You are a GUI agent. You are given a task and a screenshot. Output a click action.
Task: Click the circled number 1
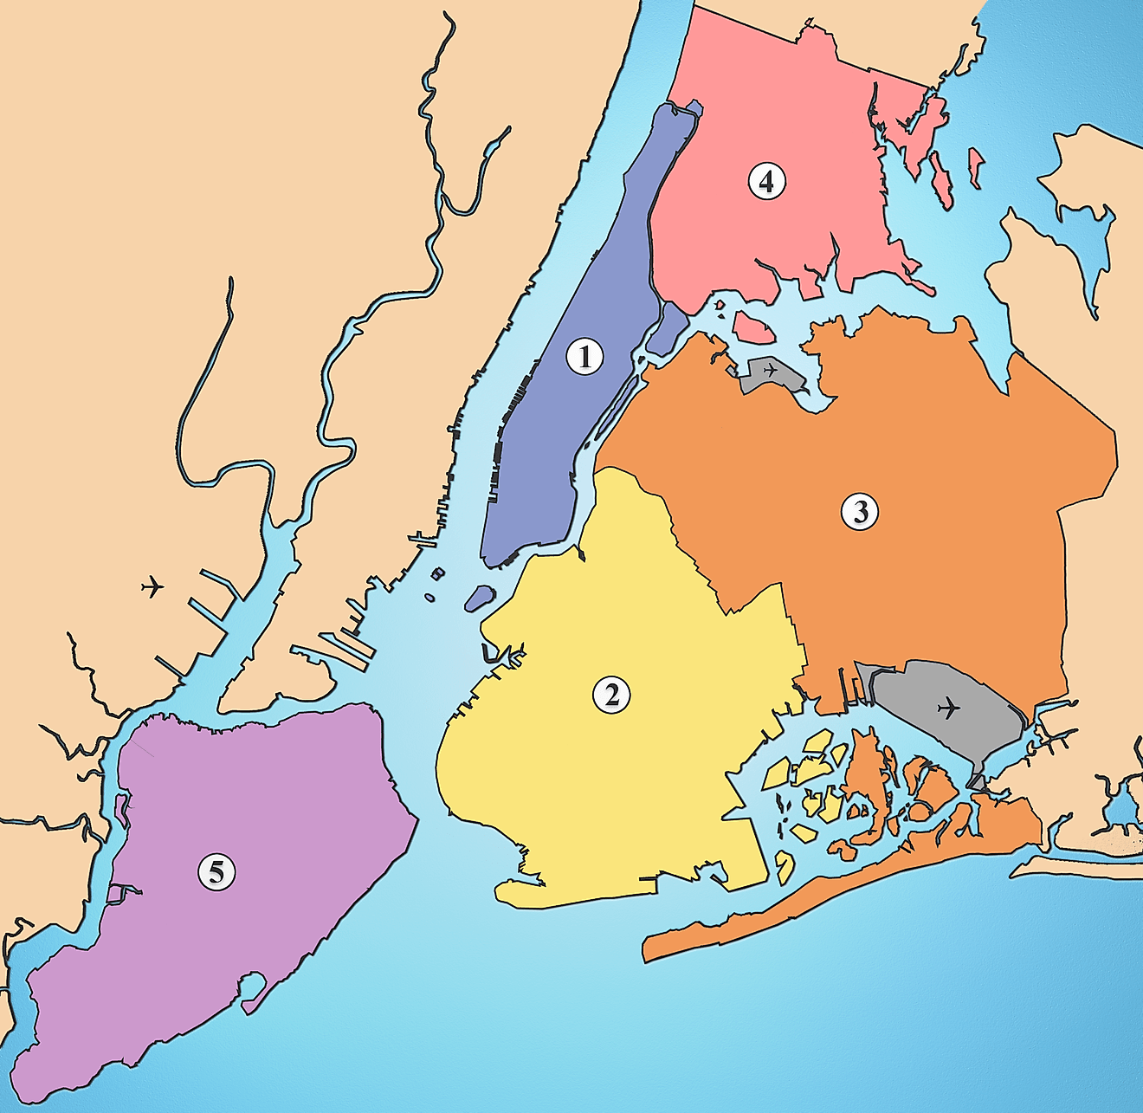pyautogui.click(x=584, y=356)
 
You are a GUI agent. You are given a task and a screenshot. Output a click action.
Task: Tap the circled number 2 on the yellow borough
pyautogui.click(x=611, y=694)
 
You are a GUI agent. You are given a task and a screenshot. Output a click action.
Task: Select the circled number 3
pyautogui.click(x=860, y=511)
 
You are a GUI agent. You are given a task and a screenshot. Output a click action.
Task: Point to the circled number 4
pyautogui.click(x=766, y=182)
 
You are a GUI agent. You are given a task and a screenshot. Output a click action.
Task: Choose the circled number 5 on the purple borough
pyautogui.click(x=216, y=871)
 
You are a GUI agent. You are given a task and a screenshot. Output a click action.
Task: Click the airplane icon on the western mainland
pyautogui.click(x=152, y=586)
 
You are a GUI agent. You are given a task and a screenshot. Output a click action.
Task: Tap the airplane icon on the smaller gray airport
pyautogui.click(x=769, y=371)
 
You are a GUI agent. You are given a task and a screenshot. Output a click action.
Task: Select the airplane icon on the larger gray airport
pyautogui.click(x=949, y=708)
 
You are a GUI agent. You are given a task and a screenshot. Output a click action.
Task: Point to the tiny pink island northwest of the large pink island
pyautogui.click(x=719, y=304)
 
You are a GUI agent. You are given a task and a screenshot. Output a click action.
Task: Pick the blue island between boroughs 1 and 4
pyautogui.click(x=667, y=328)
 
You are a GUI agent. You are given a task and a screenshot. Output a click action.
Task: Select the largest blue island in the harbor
pyautogui.click(x=479, y=597)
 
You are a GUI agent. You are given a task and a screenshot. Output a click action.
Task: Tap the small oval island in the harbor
pyautogui.click(x=429, y=598)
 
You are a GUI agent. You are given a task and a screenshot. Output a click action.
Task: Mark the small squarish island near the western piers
pyautogui.click(x=438, y=573)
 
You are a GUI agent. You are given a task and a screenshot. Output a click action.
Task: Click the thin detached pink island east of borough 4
pyautogui.click(x=976, y=167)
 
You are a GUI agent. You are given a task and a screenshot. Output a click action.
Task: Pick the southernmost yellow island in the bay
pyautogui.click(x=785, y=865)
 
